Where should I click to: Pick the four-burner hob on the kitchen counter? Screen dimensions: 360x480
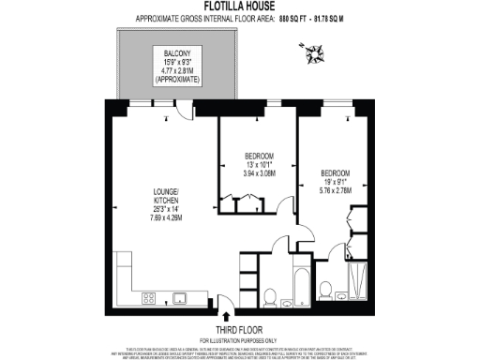(x=149, y=298)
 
